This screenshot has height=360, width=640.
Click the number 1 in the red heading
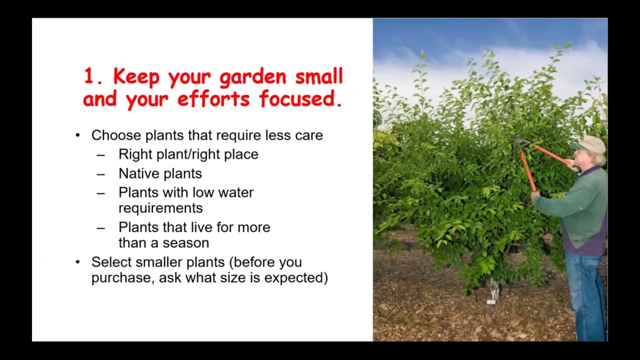click(89, 77)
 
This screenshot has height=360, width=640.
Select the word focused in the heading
click(300, 99)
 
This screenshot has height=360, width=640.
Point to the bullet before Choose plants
click(77, 135)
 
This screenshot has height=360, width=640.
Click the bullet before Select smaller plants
click(77, 262)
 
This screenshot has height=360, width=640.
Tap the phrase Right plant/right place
click(188, 154)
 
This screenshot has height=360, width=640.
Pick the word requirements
click(160, 208)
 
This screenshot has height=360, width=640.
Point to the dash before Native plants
click(101, 174)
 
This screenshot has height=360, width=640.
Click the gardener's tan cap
click(589, 144)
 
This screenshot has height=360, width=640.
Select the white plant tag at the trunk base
click(491, 302)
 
